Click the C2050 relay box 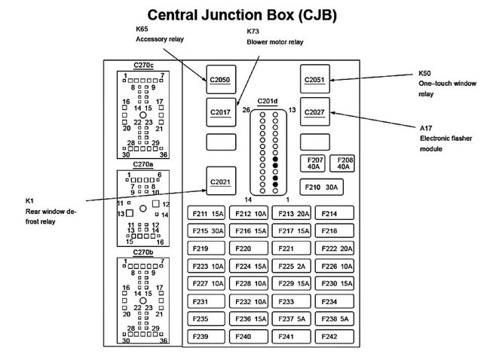coord(221,78)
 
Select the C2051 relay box coord(314,78)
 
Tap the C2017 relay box coord(221,111)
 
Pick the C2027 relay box coord(314,111)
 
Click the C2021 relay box coord(221,182)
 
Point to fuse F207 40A coord(315,163)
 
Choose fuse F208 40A coord(345,163)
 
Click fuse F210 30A coord(321,186)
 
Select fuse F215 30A coord(208,231)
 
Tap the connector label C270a coord(143,164)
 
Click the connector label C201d coord(268,101)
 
